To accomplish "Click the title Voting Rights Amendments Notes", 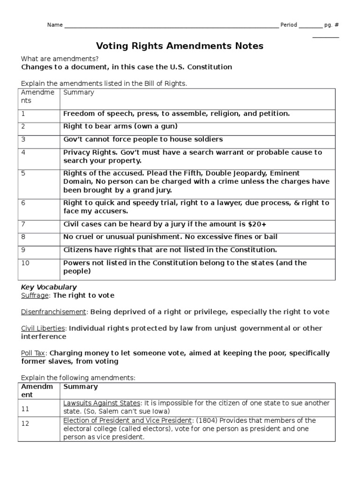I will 180,46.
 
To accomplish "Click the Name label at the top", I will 54,25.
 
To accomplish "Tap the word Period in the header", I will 288,25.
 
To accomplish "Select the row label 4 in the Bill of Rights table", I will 23,152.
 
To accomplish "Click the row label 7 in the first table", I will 23,225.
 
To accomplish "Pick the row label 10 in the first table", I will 25,263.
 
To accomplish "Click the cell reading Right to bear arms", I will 120,127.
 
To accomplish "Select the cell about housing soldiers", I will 143,139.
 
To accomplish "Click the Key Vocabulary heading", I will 49,287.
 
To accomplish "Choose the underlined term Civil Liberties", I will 42,328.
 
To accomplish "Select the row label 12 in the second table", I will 25,424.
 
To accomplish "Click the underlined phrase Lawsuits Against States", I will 102,403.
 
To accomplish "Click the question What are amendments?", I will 60,59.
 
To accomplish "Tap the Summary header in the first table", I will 78,92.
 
